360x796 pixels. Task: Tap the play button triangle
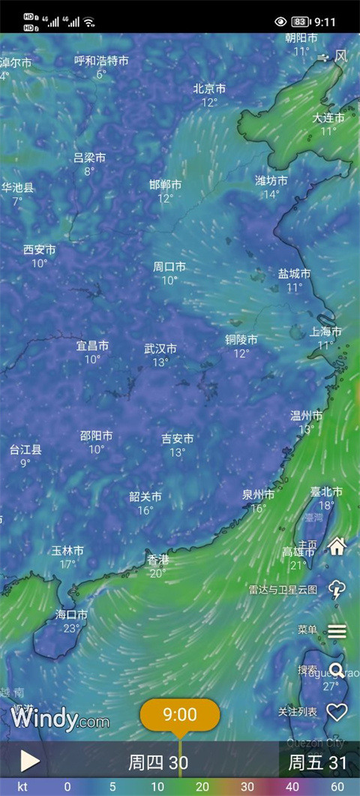[29, 761]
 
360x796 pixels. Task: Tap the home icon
[337, 546]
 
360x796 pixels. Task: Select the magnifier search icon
[337, 670]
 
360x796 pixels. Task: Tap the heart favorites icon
[337, 712]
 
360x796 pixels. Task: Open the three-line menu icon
[337, 631]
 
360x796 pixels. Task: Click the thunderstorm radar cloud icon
[337, 590]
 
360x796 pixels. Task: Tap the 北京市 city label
[209, 89]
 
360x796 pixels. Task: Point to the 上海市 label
[326, 332]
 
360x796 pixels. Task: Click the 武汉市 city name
[160, 349]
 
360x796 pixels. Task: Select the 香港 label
[157, 560]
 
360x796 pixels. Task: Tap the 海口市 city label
[71, 614]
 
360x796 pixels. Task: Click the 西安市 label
[39, 250]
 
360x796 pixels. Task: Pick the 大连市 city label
[328, 118]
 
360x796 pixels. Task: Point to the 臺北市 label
[326, 491]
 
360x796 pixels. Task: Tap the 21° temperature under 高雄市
[298, 565]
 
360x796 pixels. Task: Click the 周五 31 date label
[318, 763]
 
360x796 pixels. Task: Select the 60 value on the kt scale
[338, 787]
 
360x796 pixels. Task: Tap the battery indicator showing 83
[300, 22]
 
